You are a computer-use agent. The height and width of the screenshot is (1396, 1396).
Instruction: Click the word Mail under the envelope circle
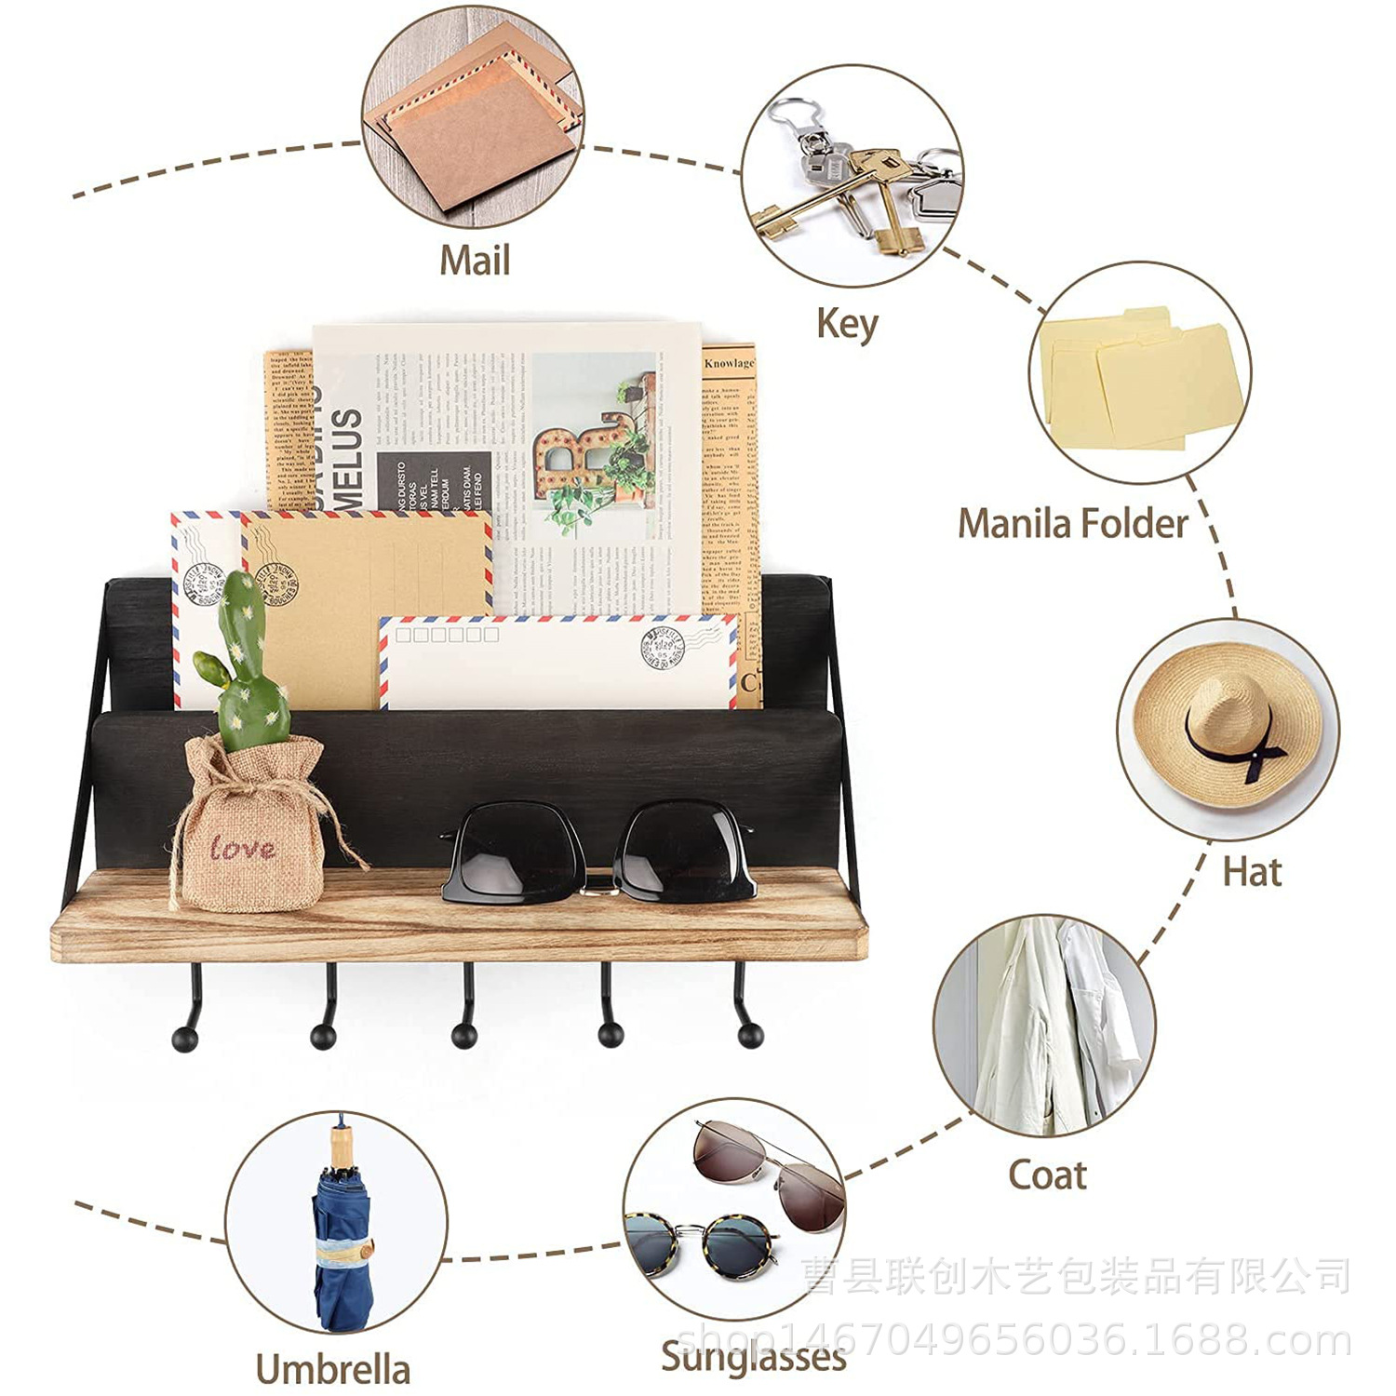(x=475, y=260)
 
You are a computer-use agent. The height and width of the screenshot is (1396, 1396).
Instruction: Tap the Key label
(x=847, y=324)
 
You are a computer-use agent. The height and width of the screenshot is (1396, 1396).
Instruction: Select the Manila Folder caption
(x=1073, y=523)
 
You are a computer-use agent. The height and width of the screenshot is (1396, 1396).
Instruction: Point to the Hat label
(x=1252, y=872)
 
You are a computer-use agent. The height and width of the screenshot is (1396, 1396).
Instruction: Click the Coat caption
(x=1047, y=1175)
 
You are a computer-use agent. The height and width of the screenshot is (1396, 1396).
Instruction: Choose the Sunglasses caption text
(x=754, y=1356)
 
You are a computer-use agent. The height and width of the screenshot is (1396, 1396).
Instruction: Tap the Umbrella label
(x=332, y=1369)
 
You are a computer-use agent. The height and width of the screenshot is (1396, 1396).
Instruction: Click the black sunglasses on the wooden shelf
(x=597, y=852)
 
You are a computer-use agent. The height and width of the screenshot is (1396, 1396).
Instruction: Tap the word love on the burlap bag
(x=242, y=848)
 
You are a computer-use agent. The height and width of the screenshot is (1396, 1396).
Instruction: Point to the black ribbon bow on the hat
(x=1256, y=754)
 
